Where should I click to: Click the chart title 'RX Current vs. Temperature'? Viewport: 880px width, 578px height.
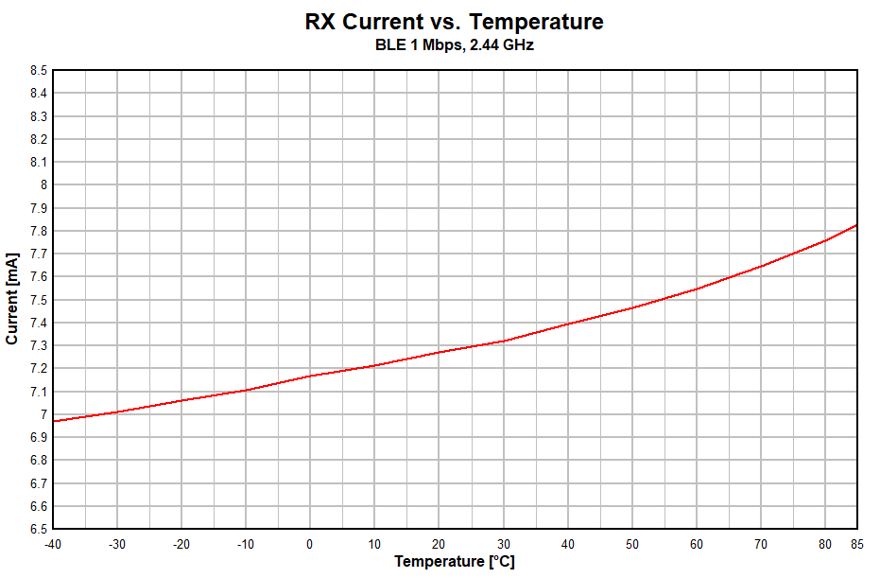(x=455, y=22)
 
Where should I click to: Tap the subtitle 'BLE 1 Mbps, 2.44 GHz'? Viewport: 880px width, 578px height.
(x=455, y=45)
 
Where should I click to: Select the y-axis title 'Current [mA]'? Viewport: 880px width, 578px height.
(x=12, y=299)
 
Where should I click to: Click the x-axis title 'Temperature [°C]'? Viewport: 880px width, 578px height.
(x=455, y=562)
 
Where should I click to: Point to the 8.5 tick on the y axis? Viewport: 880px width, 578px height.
(x=38, y=70)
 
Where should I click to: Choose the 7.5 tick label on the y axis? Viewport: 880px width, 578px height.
(x=38, y=300)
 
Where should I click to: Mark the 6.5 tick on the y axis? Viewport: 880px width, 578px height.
(x=38, y=530)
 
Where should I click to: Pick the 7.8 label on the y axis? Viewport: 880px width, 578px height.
(x=38, y=231)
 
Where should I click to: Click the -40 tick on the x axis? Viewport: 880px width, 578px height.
(x=54, y=544)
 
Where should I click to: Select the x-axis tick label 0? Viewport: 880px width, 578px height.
(x=310, y=544)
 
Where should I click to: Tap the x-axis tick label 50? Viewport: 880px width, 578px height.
(x=631, y=544)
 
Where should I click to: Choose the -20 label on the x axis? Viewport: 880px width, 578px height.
(x=181, y=544)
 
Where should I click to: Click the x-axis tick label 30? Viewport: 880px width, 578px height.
(x=503, y=544)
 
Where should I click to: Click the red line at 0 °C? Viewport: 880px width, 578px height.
(x=310, y=376)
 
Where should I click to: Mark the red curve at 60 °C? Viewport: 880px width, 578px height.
(x=696, y=289)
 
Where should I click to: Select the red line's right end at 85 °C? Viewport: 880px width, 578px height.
(x=856, y=225)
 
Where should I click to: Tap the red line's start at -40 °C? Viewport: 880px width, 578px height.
(x=54, y=421)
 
